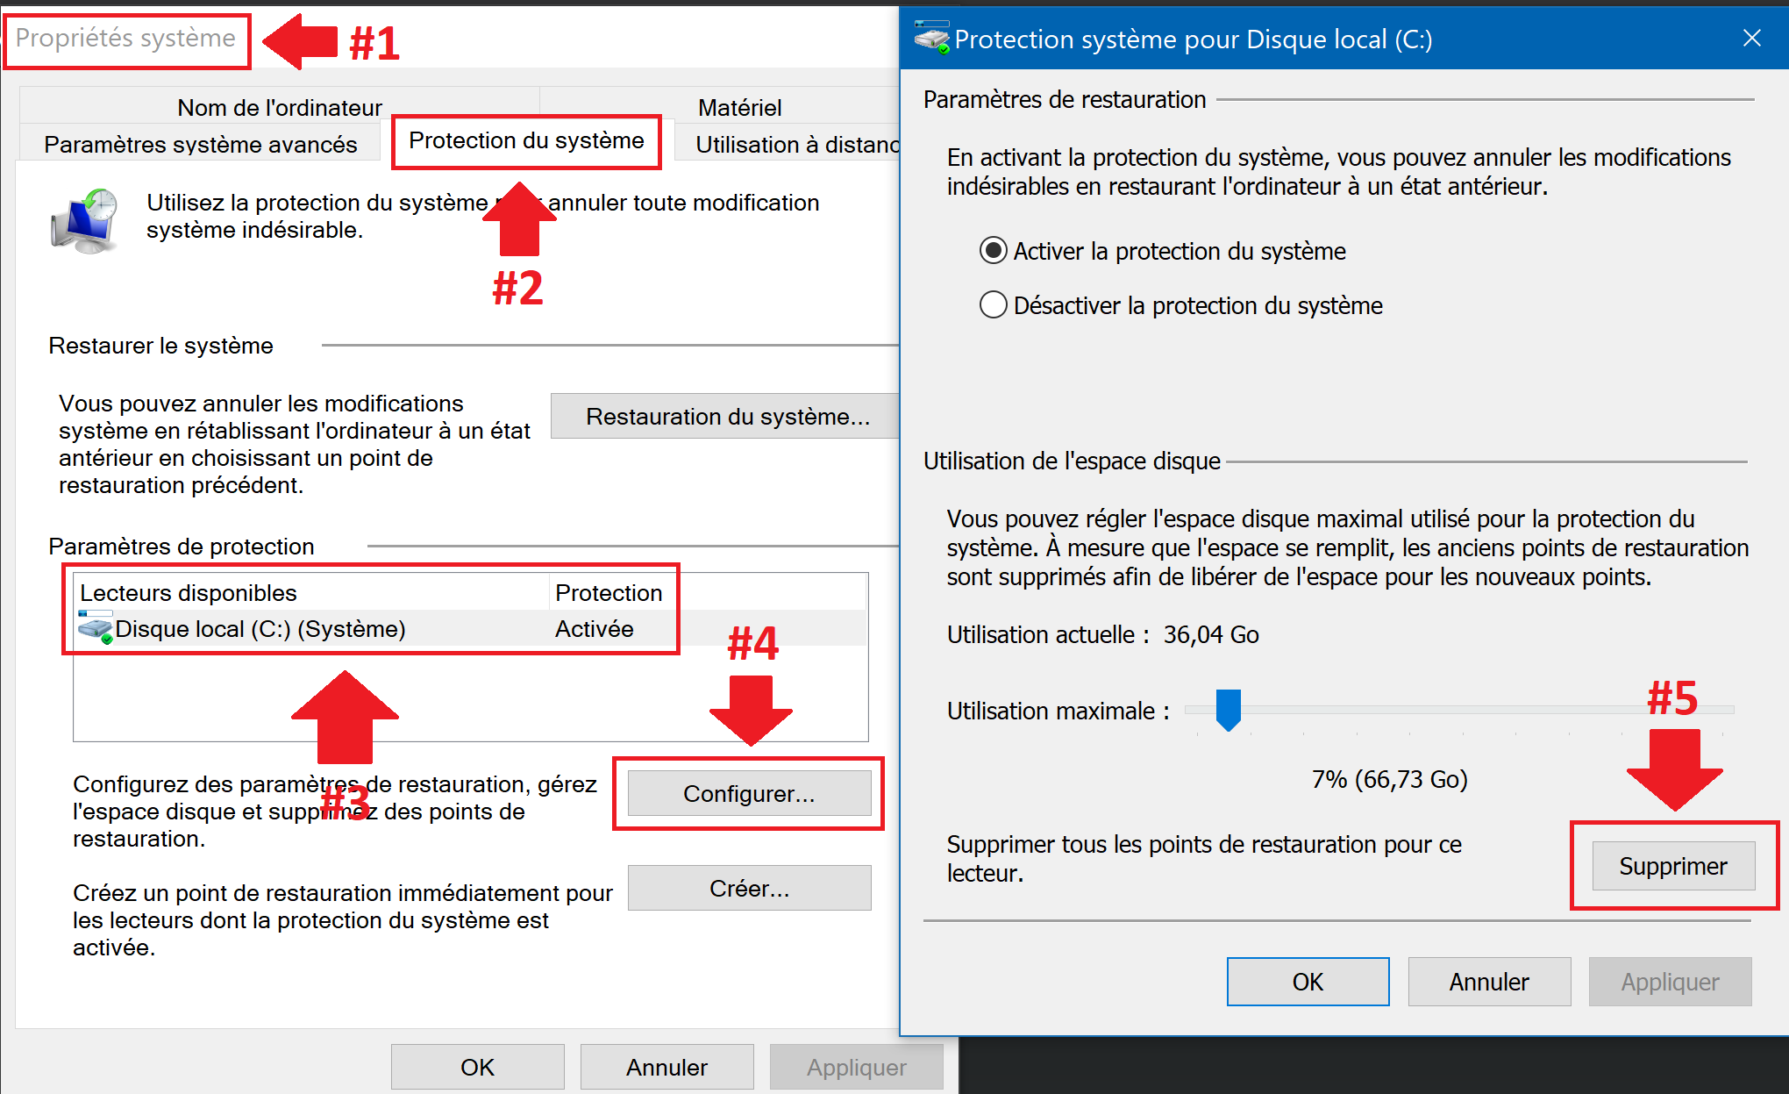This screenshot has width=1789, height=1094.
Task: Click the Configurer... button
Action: coord(749,793)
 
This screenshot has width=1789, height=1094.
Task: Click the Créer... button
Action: coord(749,888)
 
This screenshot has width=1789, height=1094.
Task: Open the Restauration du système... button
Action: coord(726,416)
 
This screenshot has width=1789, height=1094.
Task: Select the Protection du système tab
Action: coord(526,140)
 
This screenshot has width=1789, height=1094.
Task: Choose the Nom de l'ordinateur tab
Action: coord(280,107)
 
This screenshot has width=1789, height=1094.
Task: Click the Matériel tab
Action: coord(739,107)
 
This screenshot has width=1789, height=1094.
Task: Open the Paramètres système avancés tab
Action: coord(201,144)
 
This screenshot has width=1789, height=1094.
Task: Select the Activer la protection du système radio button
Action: coord(993,251)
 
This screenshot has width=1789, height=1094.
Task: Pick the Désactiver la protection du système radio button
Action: coord(993,305)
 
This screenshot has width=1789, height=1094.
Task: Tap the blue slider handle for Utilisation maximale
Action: coord(1229,709)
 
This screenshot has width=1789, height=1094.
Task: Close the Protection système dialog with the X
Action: coord(1751,38)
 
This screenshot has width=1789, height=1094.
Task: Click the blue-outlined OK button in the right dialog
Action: coord(1308,982)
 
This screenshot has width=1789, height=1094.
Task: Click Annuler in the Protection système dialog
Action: coord(1489,982)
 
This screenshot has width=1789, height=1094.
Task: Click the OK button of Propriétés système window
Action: coord(477,1067)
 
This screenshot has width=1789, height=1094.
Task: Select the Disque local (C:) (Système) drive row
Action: coord(470,628)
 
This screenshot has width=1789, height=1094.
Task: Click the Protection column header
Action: coord(609,593)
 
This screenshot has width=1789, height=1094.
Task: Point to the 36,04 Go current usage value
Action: coord(1211,634)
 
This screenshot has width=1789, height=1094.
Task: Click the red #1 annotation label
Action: coord(374,42)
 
